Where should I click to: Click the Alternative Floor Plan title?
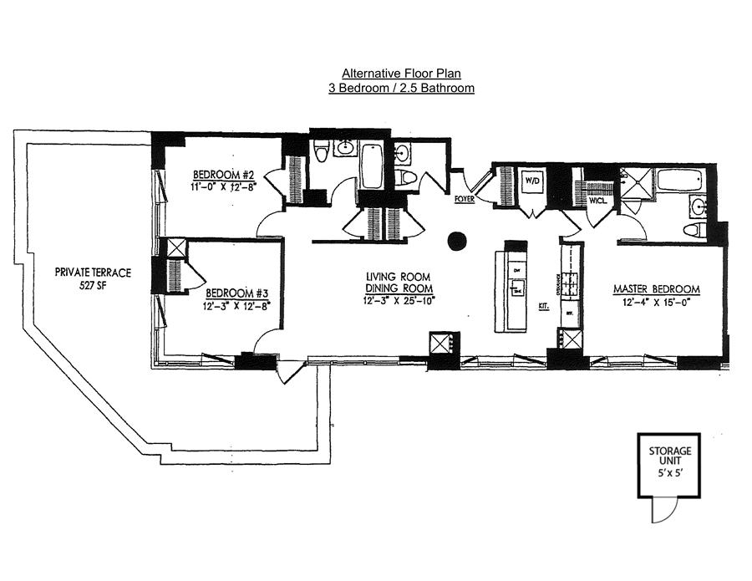point(402,73)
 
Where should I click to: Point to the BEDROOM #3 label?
point(236,293)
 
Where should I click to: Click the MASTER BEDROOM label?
point(656,289)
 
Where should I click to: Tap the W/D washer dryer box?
point(532,181)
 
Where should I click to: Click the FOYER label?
point(465,199)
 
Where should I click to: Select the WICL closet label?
point(597,201)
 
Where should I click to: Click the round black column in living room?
point(456,242)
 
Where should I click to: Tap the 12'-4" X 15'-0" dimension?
point(656,302)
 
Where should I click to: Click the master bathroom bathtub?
point(679,181)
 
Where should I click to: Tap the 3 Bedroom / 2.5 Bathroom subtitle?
point(402,87)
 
